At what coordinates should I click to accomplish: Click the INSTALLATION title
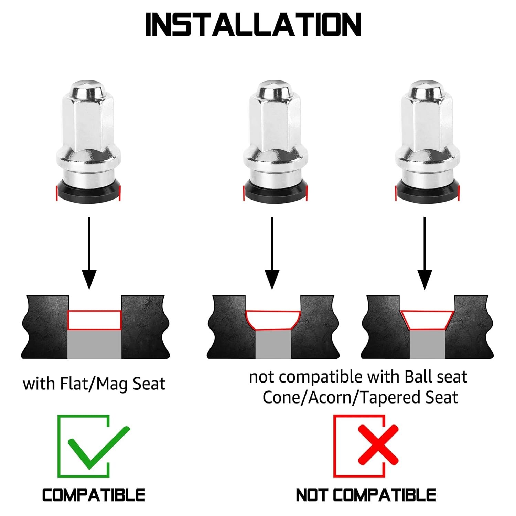[x=253, y=24]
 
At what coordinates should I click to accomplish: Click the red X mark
[x=378, y=444]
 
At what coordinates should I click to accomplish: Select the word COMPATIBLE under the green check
[x=94, y=495]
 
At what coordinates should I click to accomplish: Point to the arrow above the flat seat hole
[x=89, y=253]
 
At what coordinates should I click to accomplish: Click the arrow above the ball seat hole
[x=272, y=253]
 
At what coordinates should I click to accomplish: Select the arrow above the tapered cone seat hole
[x=424, y=253]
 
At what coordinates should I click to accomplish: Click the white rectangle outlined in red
[x=95, y=320]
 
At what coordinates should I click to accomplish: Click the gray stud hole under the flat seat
[x=94, y=344]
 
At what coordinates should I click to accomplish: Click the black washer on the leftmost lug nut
[x=88, y=191]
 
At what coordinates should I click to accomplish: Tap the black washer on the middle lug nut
[x=275, y=191]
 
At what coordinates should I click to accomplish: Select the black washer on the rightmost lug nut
[x=427, y=191]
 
